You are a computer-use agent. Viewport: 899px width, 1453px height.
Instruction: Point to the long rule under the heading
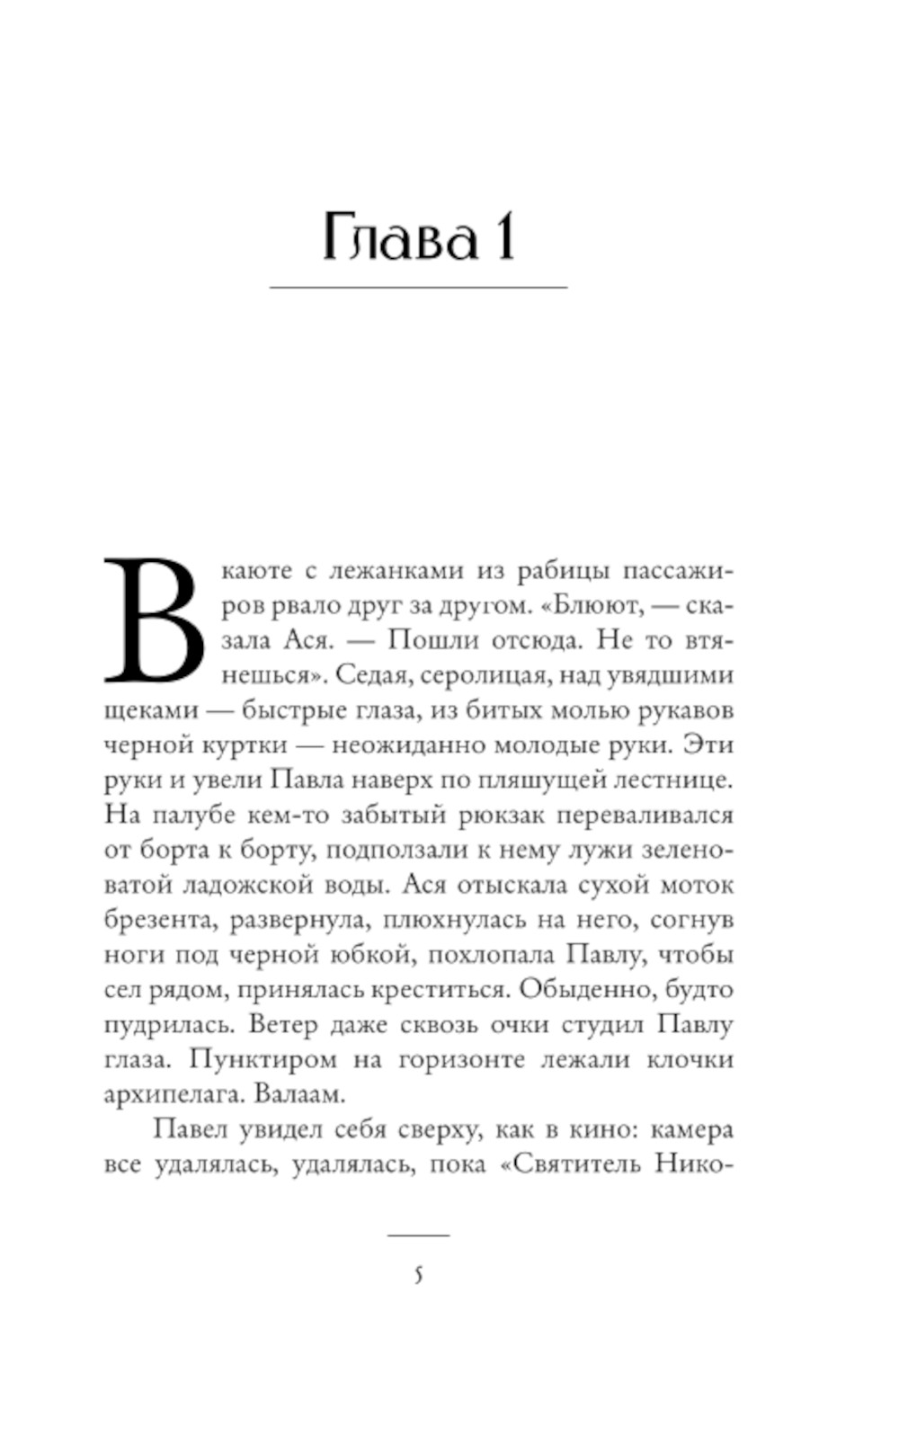[x=418, y=287]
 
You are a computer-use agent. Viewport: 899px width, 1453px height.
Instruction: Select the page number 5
[x=418, y=1275]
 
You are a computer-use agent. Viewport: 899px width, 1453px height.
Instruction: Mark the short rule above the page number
[x=418, y=1235]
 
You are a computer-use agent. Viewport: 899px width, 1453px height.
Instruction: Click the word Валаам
[x=301, y=1094]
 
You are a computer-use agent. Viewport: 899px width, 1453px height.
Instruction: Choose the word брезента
[x=158, y=920]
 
